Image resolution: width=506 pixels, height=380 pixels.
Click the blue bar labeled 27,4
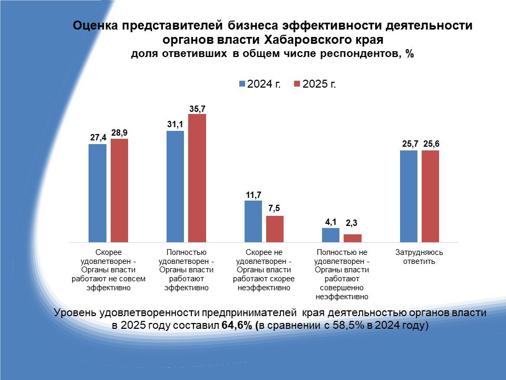point(97,193)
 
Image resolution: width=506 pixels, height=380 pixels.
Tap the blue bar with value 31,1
point(175,186)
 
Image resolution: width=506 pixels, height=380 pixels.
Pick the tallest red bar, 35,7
point(197,178)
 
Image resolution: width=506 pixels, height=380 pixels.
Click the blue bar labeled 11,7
point(253,221)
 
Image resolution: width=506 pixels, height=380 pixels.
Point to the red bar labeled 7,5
point(275,229)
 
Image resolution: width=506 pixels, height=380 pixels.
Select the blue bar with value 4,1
point(330,235)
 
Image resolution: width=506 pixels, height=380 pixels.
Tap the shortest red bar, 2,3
point(353,238)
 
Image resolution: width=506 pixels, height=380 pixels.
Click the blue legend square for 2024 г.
point(242,84)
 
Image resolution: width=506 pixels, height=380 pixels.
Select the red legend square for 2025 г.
point(297,84)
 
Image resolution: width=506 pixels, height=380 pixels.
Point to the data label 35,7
point(197,109)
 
